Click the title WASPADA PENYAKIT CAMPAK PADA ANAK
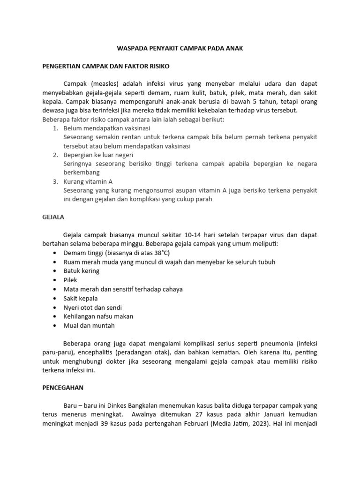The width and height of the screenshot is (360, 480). (180, 49)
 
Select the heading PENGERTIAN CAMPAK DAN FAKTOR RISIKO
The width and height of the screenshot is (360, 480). (106, 66)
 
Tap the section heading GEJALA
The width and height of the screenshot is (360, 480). (53, 217)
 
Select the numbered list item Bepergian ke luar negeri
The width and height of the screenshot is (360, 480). (98, 155)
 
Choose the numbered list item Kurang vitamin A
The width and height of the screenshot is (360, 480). (88, 181)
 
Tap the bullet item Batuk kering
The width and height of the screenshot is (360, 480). (82, 271)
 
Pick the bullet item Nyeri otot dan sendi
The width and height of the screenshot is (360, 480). (93, 307)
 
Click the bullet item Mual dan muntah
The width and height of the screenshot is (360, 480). (89, 325)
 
